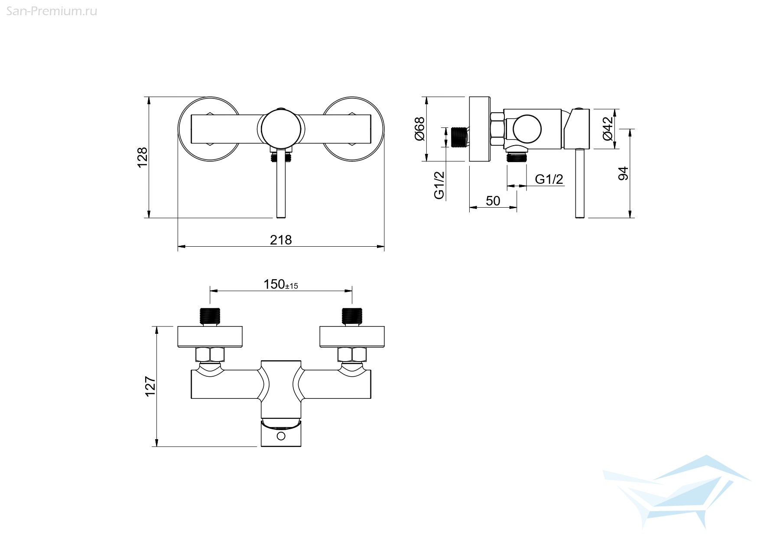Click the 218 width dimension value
tap(281, 240)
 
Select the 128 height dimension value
tap(143, 158)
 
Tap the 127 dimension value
tap(150, 386)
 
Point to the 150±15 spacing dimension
tap(281, 284)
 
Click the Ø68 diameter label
tap(419, 129)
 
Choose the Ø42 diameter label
tap(608, 128)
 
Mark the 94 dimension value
tap(623, 173)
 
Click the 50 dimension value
tap(493, 201)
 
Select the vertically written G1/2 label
tap(439, 185)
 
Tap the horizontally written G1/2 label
tap(549, 179)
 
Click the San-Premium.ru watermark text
tap(52, 11)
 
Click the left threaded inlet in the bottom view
tap(210, 316)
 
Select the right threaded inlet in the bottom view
tap(352, 316)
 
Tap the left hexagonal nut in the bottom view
tap(210, 355)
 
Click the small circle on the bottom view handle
tap(281, 436)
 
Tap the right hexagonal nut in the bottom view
tap(352, 355)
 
